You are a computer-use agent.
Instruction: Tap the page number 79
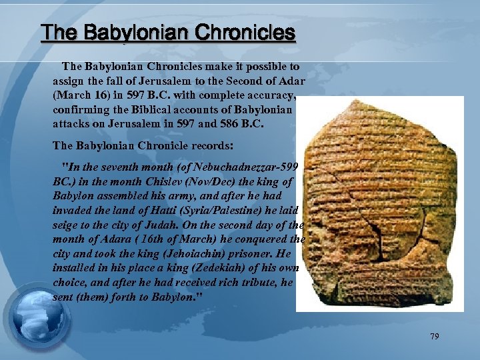[x=435, y=337]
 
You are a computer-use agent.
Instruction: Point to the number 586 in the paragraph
[x=252, y=124]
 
